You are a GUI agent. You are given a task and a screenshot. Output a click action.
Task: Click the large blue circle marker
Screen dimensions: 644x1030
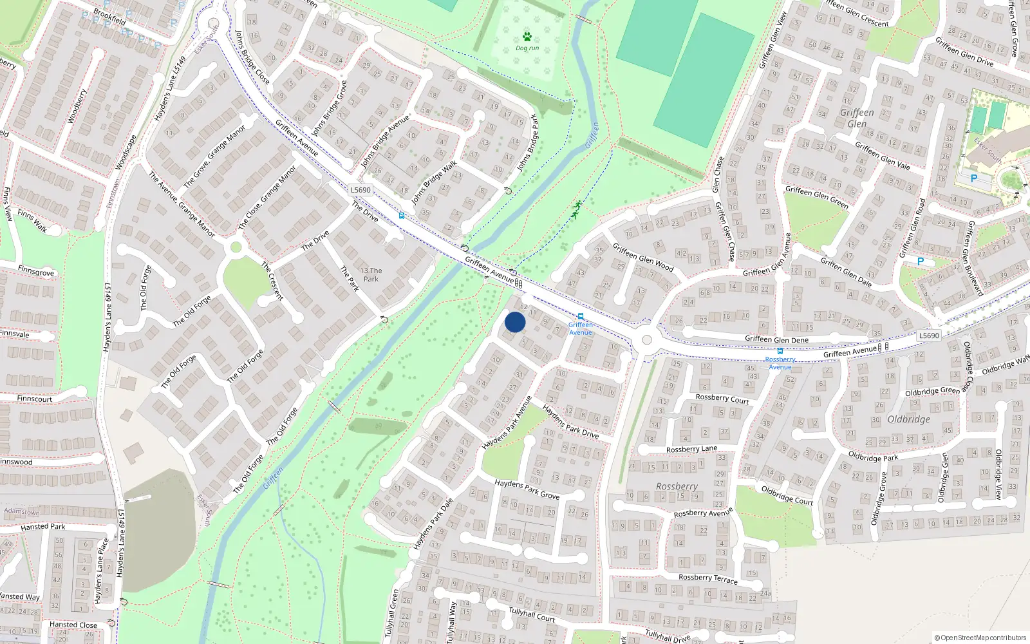515,322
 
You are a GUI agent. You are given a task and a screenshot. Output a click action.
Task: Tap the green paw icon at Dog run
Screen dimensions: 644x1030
527,37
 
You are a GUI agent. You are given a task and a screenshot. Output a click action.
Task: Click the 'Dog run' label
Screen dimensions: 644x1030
527,48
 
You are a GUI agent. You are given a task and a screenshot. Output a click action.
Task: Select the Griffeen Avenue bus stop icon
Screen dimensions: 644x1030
581,316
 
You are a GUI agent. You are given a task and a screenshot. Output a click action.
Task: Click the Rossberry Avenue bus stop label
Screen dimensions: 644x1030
780,363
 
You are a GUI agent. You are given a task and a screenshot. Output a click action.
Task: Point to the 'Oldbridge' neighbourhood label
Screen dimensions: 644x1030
908,419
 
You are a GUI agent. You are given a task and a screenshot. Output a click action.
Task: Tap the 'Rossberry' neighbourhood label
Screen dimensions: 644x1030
677,486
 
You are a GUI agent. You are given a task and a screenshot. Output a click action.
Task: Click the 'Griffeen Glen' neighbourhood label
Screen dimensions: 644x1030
857,118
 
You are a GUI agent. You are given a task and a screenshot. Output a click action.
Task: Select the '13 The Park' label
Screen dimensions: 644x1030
371,275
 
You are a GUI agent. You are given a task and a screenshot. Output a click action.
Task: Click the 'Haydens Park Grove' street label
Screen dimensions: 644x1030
527,489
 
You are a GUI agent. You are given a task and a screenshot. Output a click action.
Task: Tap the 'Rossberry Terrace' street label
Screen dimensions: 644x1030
707,578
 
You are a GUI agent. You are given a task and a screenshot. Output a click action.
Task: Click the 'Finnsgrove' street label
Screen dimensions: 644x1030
36,272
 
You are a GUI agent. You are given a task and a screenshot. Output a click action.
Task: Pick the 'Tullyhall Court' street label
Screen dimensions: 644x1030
532,614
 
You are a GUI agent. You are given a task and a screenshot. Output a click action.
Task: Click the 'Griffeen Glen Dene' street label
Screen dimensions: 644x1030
776,339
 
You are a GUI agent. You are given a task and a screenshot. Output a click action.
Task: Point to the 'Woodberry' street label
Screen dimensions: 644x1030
77,106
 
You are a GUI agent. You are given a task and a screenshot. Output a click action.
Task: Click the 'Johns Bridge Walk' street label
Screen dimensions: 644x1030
434,182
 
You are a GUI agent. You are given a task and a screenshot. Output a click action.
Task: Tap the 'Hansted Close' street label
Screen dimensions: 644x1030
73,625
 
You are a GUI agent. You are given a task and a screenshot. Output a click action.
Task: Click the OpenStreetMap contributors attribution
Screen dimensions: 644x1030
980,638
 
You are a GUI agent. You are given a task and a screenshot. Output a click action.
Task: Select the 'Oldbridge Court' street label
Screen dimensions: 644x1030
787,495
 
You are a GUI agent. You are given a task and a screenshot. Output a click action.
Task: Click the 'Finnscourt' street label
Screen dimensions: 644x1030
35,399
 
